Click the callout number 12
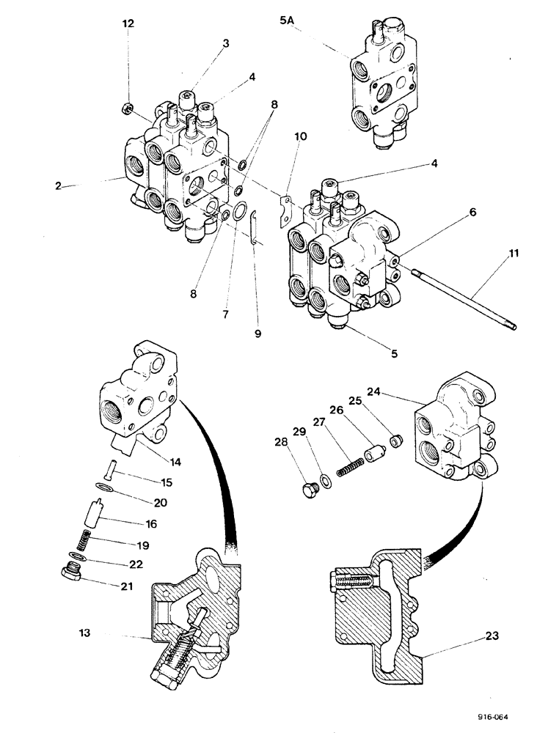(128, 24)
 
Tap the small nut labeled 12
(127, 111)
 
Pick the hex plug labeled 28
(308, 488)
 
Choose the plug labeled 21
(72, 572)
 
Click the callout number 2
(56, 185)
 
